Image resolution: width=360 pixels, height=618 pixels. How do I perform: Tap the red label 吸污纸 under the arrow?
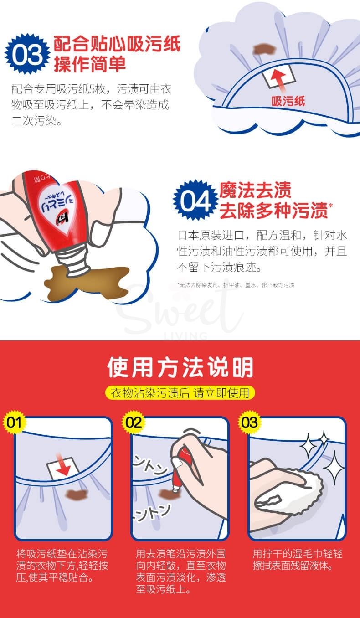pos(288,101)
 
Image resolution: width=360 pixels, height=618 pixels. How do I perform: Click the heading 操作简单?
pos(90,64)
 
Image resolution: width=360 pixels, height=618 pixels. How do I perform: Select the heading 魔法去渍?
pos(255,190)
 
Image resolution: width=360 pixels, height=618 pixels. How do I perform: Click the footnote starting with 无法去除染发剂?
pos(236,285)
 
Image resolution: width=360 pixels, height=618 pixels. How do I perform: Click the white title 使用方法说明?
pos(180,367)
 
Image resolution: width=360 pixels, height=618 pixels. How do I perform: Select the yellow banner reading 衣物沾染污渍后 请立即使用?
pos(180,392)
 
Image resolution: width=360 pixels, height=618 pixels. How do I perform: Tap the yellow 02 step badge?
pos(134,422)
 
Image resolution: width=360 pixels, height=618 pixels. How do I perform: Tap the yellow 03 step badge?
pos(250,422)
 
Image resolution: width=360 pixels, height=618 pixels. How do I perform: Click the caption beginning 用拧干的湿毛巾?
pos(297,560)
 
